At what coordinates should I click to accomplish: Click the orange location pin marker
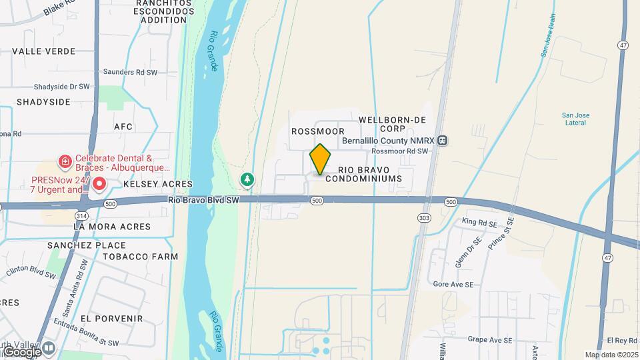(x=321, y=159)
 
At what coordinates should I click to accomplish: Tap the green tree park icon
(x=247, y=179)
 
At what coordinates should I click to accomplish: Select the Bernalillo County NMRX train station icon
(x=443, y=141)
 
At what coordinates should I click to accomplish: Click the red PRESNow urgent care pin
(x=99, y=183)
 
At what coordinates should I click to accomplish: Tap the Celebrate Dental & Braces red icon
(x=65, y=161)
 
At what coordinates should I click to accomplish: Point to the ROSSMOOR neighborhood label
(x=318, y=131)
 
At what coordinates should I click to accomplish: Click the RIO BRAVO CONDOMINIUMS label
(x=370, y=175)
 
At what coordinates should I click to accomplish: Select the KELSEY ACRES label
(x=157, y=183)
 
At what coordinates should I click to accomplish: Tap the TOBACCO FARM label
(x=144, y=256)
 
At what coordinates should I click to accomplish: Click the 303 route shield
(x=425, y=217)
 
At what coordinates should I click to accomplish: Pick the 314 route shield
(x=81, y=216)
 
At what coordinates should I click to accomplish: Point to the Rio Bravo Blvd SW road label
(x=203, y=199)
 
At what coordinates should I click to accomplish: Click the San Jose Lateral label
(x=575, y=119)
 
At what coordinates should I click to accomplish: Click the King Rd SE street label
(x=480, y=221)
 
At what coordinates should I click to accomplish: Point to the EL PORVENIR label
(x=120, y=318)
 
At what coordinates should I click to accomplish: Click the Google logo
(x=22, y=351)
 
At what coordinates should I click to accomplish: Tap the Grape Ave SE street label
(x=490, y=339)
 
